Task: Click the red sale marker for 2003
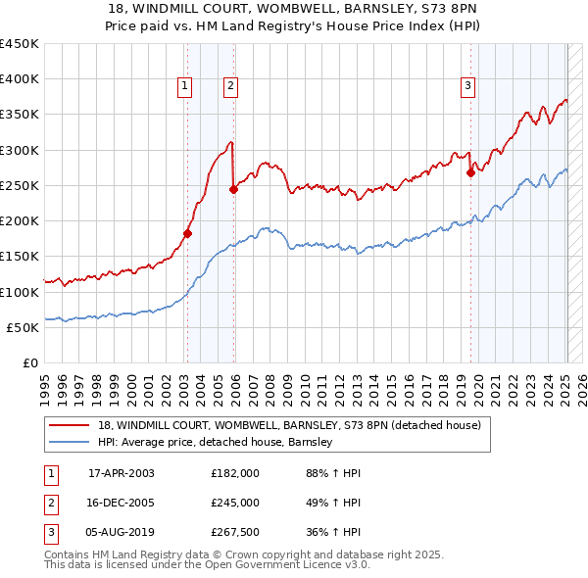187,233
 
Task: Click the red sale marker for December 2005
233,189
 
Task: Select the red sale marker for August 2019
470,173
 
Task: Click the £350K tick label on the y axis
20,115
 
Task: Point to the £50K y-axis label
23,327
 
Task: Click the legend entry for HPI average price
216,443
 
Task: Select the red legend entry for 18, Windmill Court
289,426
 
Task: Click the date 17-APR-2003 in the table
122,472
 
